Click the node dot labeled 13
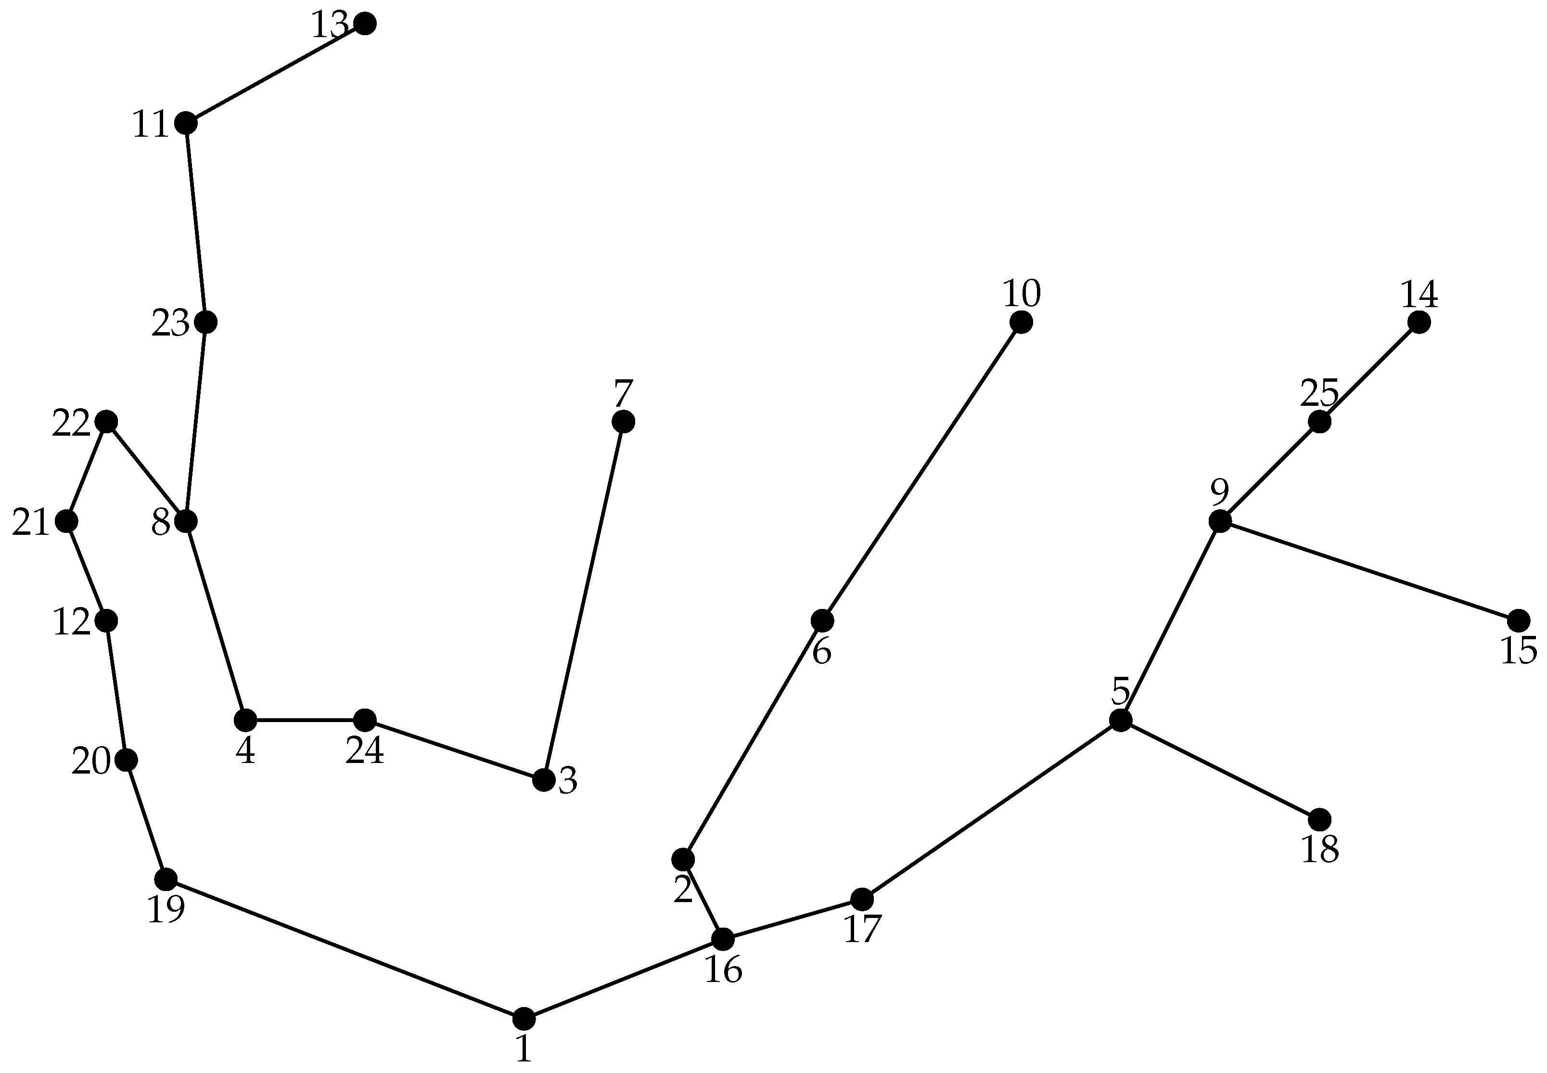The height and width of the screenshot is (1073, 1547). tap(364, 24)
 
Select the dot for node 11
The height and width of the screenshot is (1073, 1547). tap(185, 124)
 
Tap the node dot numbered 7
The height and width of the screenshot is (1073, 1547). tap(623, 422)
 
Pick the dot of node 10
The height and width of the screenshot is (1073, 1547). tap(1020, 323)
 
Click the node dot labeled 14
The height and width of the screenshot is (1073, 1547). tap(1418, 323)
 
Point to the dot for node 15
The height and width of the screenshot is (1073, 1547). tap(1518, 620)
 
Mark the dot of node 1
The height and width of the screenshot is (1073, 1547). tap(524, 1019)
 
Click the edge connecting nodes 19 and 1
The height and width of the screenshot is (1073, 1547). tap(344, 949)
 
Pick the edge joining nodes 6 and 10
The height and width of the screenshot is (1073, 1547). tap(921, 471)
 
